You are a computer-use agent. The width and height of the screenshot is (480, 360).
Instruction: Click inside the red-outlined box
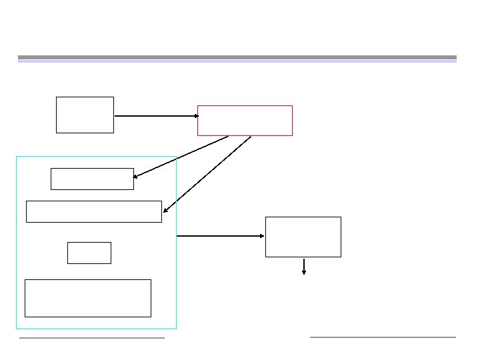pos(245,121)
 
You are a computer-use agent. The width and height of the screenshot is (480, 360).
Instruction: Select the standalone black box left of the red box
pos(85,115)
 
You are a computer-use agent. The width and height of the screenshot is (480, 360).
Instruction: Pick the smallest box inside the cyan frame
pos(89,253)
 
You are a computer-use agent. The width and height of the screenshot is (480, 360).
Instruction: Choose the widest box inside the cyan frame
pos(93,211)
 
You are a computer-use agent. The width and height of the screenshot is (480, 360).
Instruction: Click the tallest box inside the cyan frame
pos(87,298)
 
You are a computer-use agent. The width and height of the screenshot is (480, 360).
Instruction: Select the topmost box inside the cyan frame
pos(92,179)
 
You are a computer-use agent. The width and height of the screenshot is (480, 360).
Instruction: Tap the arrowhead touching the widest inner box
pos(165,210)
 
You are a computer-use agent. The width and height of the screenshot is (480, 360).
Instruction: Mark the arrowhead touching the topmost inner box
pos(136,177)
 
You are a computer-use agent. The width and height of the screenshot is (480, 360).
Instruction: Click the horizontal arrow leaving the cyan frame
pos(220,236)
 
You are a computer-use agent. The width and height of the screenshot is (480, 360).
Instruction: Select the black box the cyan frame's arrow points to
pos(303,237)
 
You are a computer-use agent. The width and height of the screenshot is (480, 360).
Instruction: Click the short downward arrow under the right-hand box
pos(304,266)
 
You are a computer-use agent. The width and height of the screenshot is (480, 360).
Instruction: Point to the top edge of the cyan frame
pos(96,157)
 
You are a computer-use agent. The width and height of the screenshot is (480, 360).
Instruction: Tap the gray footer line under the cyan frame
pos(91,338)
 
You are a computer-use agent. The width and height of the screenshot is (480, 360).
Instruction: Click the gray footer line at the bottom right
pos(383,337)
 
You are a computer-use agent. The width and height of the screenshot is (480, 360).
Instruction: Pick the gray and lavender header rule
pos(237,59)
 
